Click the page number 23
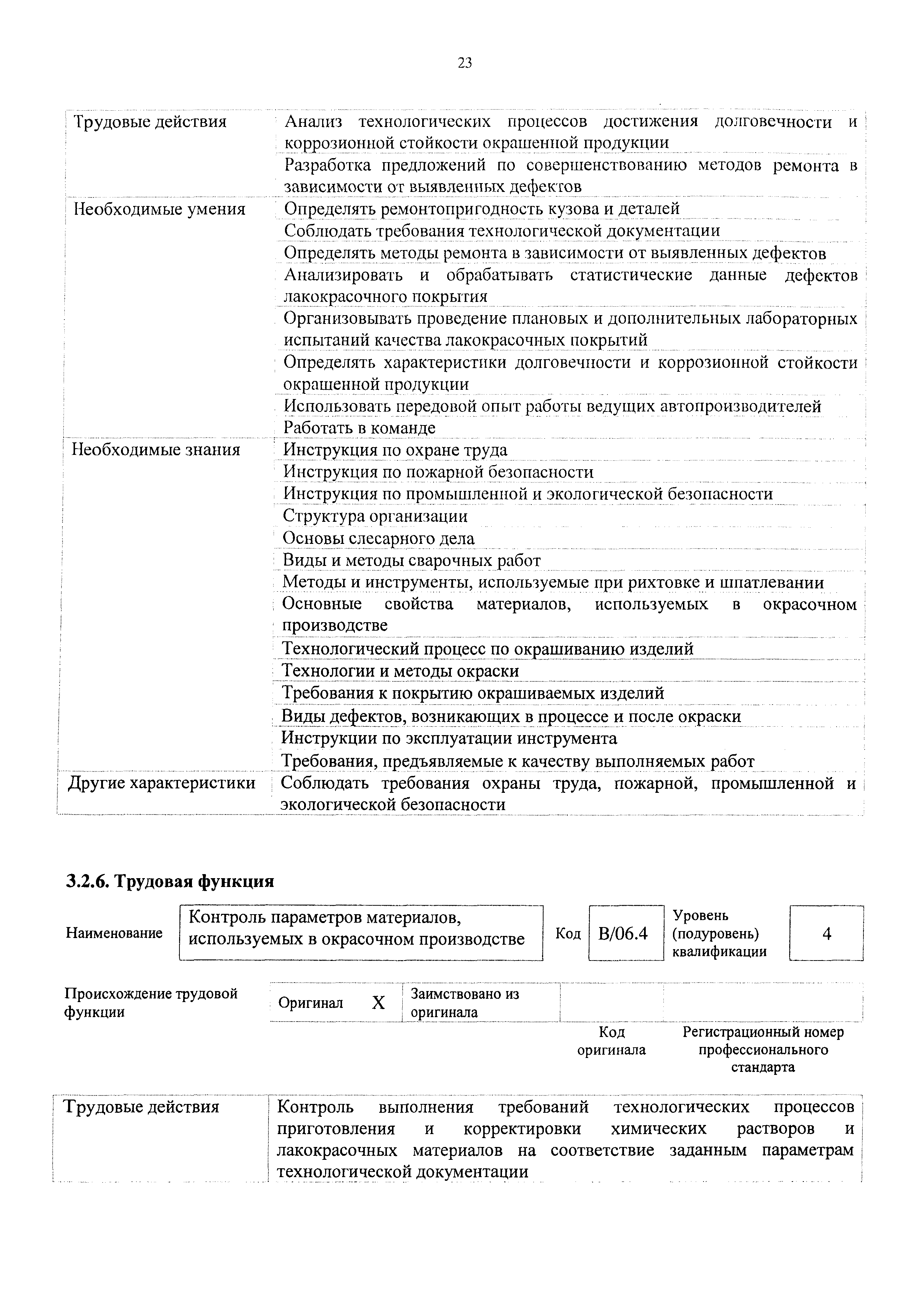click(465, 63)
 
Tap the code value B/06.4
click(623, 933)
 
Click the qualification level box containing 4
click(826, 933)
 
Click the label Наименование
click(114, 933)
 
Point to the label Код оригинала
click(612, 1041)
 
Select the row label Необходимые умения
click(160, 210)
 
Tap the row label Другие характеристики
click(161, 783)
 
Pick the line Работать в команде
click(359, 428)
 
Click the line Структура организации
click(375, 516)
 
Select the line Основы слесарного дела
click(378, 538)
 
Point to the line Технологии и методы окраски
click(400, 671)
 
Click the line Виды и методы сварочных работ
click(412, 560)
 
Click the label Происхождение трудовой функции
click(151, 1002)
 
